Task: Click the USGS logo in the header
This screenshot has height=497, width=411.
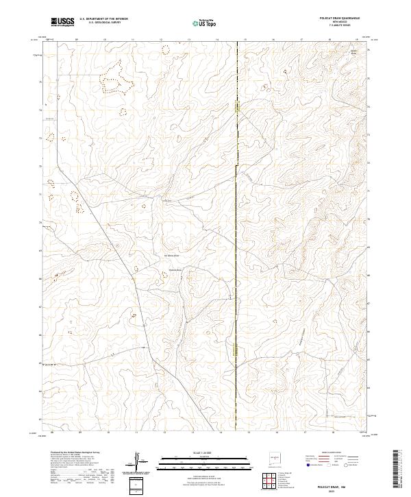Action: [62, 23]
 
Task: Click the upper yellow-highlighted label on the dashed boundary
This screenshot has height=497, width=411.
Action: [237, 106]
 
